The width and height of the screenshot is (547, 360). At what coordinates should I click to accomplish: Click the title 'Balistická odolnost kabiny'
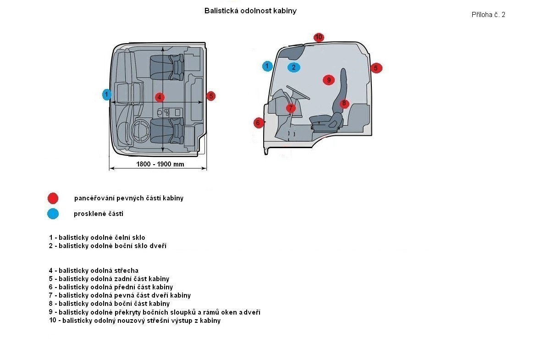coord(250,11)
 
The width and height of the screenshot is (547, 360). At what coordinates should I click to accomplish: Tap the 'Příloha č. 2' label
coord(488,15)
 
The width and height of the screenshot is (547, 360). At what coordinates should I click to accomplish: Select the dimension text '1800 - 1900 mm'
coord(160,164)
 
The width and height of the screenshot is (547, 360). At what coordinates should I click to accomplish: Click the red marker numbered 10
coord(319,37)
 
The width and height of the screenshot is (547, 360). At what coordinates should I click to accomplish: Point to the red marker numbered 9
coord(328,80)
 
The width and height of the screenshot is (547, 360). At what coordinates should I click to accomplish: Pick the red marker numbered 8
coord(344,103)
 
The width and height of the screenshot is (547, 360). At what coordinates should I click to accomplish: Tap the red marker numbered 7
coord(291,108)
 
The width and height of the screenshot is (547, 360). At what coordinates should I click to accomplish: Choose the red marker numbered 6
coord(259,122)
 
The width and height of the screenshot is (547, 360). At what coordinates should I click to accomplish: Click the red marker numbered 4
coord(159,97)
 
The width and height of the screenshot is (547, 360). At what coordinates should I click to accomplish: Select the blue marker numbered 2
coord(294,67)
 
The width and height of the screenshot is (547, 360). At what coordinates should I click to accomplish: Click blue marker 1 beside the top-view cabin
coord(106,94)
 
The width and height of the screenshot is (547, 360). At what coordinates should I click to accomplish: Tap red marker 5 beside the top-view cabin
coord(210,96)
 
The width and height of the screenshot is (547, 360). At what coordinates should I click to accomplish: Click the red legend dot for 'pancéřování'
coord(53,198)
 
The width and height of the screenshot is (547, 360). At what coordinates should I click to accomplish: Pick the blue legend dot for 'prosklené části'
coord(53,214)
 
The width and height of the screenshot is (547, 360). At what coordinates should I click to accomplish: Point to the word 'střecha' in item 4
coord(127,271)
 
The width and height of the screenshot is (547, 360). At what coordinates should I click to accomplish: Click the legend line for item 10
coord(135,321)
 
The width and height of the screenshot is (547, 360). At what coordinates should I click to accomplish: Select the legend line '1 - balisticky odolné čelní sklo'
coord(97,238)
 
